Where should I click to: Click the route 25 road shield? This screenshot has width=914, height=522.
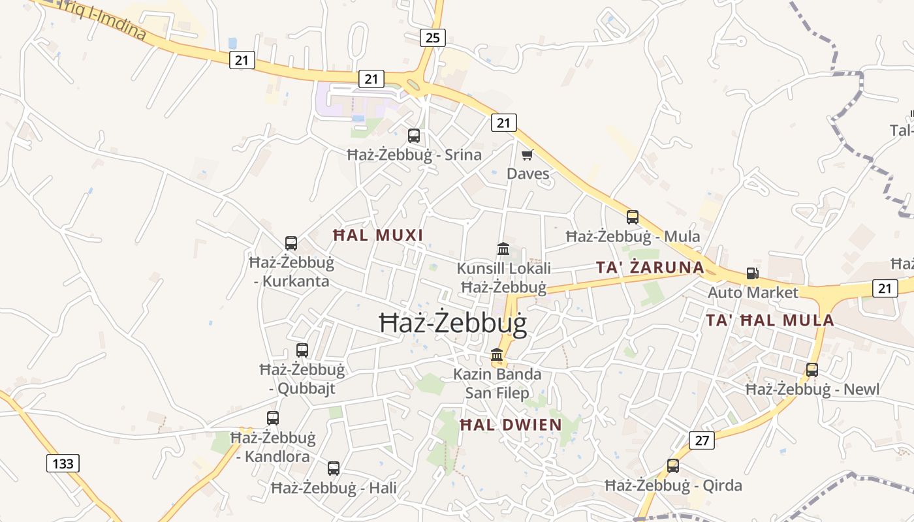coord(432,38)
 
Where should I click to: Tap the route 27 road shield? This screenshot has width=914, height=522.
coord(701,440)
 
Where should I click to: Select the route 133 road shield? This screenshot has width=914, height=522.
coord(63,463)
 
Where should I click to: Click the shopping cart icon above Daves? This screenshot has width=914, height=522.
coord(528,155)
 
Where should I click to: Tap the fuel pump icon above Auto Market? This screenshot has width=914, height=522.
coord(753,273)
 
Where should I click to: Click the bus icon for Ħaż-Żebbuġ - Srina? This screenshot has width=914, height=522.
coord(414,136)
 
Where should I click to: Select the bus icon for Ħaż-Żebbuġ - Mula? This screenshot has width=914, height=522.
coord(633,217)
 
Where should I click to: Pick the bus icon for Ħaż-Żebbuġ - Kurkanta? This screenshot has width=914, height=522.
coord(291,243)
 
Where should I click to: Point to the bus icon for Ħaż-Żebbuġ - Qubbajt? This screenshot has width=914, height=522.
coord(302,350)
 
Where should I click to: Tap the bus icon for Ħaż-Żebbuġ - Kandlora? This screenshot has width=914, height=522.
coord(273,418)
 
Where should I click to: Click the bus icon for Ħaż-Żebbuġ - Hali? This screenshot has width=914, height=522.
coord(334,468)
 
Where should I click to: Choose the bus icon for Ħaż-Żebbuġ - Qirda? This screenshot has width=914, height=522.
coord(673,466)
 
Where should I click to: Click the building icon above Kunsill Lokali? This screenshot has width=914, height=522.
coord(503,249)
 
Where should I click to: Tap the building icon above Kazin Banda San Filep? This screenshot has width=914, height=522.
coord(497,355)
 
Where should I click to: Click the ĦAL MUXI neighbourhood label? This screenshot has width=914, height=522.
coord(378,235)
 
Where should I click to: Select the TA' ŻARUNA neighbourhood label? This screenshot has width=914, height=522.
coord(650,267)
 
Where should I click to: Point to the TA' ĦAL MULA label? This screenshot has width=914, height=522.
coord(770,320)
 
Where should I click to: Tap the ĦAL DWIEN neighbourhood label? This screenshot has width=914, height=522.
coord(511,425)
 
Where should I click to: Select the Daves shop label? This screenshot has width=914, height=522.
coord(528,174)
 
